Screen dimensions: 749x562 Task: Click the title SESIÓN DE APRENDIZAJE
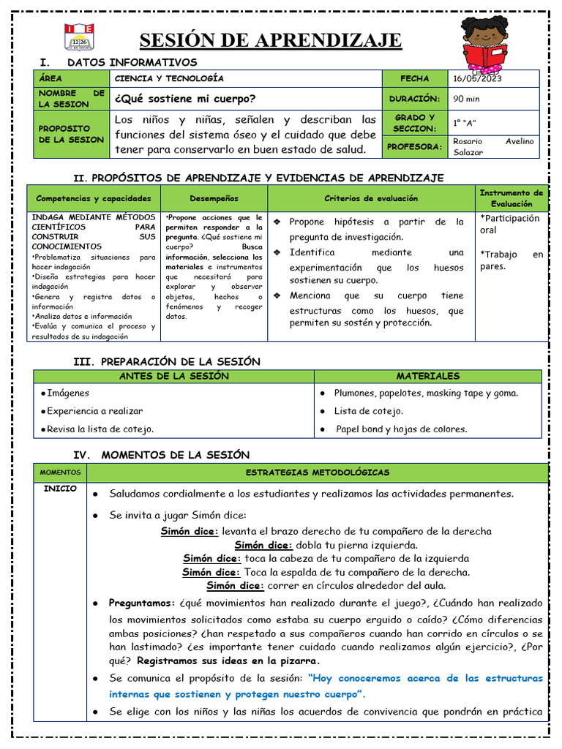pyautogui.click(x=270, y=39)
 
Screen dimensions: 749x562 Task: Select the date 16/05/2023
pyautogui.click(x=476, y=79)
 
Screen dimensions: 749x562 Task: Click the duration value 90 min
pyautogui.click(x=467, y=99)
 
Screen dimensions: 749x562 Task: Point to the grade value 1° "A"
pyautogui.click(x=465, y=122)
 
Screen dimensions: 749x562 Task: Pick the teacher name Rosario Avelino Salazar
pyautogui.click(x=493, y=146)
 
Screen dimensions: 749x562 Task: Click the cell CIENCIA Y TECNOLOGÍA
pyautogui.click(x=169, y=79)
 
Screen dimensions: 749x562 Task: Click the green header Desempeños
pyautogui.click(x=214, y=198)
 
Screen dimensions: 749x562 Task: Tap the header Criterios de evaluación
pyautogui.click(x=371, y=198)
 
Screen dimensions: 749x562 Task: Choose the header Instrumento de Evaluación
pyautogui.click(x=512, y=198)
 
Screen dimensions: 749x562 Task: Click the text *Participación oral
pyautogui.click(x=509, y=224)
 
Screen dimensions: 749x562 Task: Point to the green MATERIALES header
pyautogui.click(x=428, y=376)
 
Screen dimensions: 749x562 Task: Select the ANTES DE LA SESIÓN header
pyautogui.click(x=174, y=376)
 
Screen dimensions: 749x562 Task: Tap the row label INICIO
pyautogui.click(x=60, y=489)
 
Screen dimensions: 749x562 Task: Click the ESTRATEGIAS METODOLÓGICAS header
pyautogui.click(x=318, y=473)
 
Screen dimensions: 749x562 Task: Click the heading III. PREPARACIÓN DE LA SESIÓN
pyautogui.click(x=167, y=361)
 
